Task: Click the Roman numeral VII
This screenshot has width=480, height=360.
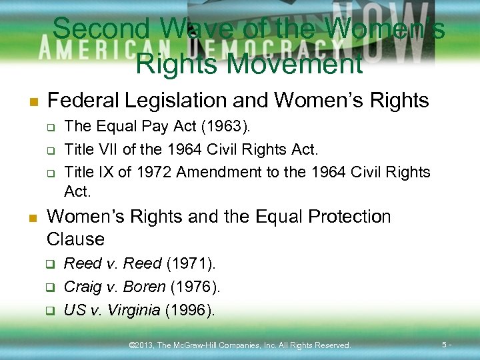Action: point(105,149)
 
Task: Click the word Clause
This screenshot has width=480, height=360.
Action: point(76,239)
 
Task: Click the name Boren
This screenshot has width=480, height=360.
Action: point(145,287)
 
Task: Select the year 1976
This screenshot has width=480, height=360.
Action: point(195,287)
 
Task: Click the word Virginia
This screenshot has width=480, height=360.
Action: point(133,310)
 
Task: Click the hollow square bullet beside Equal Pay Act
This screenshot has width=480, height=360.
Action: point(49,127)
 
